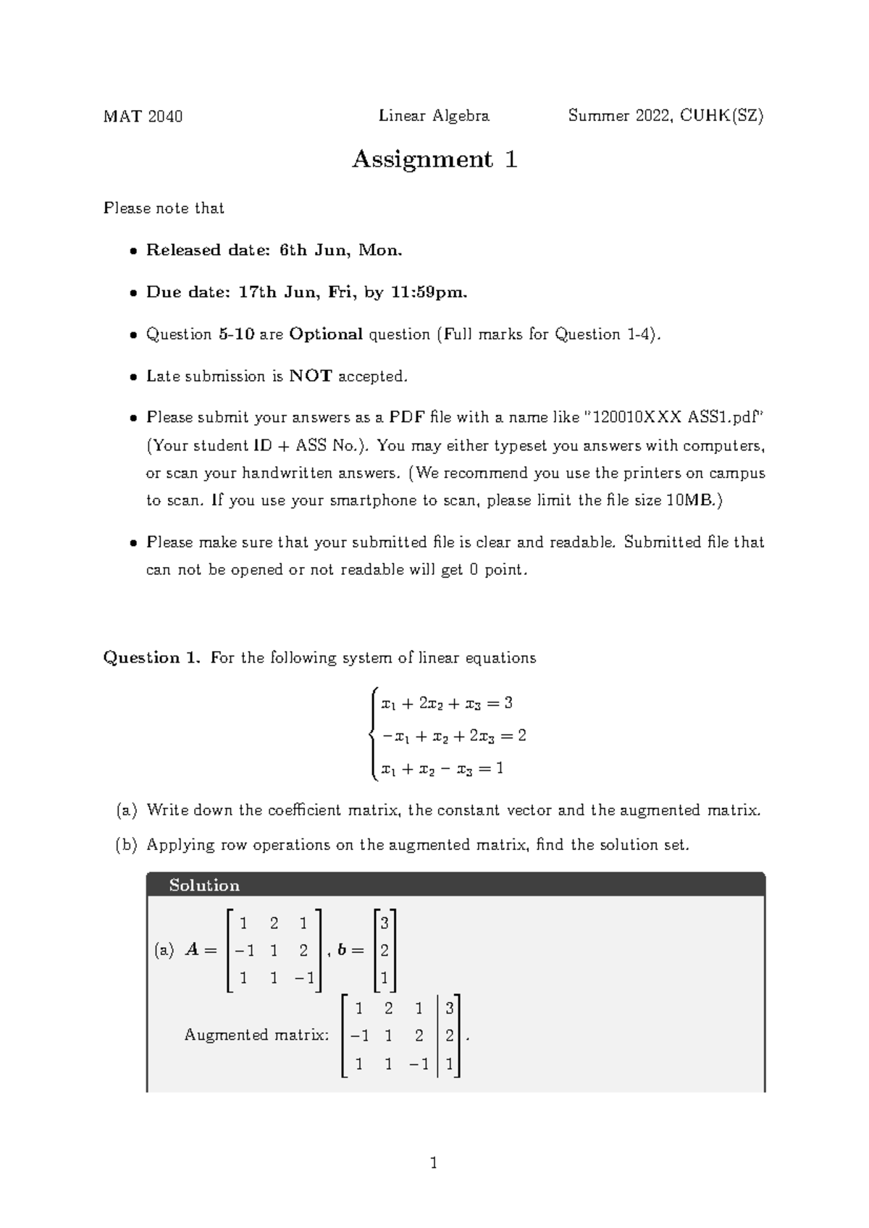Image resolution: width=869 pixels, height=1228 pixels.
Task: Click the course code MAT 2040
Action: (143, 116)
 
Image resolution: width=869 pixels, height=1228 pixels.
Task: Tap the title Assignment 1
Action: (434, 159)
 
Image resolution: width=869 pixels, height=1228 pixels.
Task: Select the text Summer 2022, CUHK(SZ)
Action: (666, 116)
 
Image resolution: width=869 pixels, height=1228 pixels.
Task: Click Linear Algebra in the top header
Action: (434, 116)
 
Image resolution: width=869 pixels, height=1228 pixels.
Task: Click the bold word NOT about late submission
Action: (311, 376)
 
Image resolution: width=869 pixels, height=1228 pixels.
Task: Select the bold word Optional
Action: (326, 334)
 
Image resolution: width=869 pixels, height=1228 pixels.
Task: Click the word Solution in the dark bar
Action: (203, 885)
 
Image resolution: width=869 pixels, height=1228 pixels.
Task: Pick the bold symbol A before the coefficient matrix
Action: (193, 950)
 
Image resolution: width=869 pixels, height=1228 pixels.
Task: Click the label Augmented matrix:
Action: (256, 1035)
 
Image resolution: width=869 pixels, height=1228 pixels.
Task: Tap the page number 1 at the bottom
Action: (434, 1164)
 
